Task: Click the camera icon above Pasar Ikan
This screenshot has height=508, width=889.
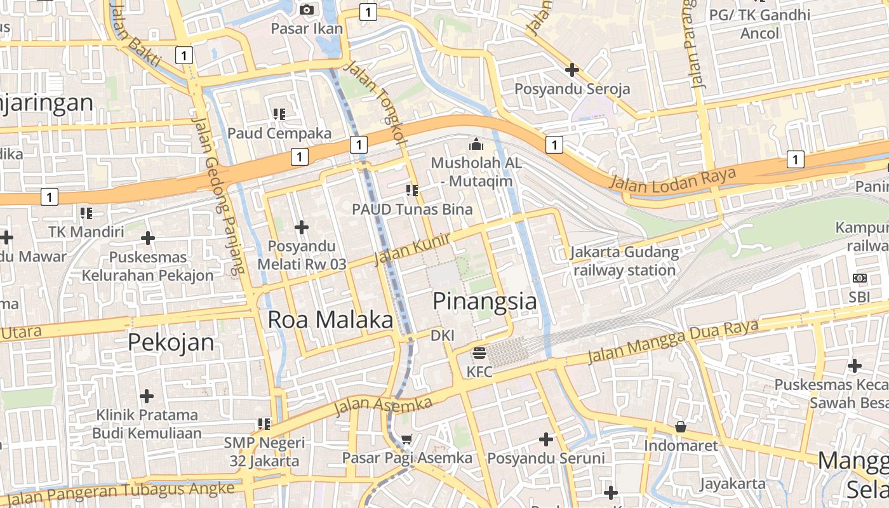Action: pyautogui.click(x=307, y=10)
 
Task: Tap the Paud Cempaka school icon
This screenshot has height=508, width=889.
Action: pyautogui.click(x=279, y=114)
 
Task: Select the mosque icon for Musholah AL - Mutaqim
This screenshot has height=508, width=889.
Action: pyautogui.click(x=476, y=145)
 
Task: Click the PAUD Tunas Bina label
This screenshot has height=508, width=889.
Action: pyautogui.click(x=413, y=209)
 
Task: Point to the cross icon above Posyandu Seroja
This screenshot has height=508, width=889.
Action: pyautogui.click(x=572, y=70)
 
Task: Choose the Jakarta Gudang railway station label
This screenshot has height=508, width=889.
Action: pyautogui.click(x=625, y=261)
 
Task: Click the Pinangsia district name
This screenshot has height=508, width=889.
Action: pyautogui.click(x=485, y=302)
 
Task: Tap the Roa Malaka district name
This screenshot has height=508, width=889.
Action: pyautogui.click(x=330, y=319)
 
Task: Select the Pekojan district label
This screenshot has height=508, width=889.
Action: pyautogui.click(x=171, y=342)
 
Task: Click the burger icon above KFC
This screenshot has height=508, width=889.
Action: pyautogui.click(x=479, y=353)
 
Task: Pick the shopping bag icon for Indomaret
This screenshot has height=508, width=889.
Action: pyautogui.click(x=681, y=427)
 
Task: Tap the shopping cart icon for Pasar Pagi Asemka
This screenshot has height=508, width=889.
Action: pyautogui.click(x=407, y=439)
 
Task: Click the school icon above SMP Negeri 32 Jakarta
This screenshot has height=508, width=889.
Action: pyautogui.click(x=264, y=424)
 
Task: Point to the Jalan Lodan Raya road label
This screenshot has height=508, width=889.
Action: pyautogui.click(x=673, y=178)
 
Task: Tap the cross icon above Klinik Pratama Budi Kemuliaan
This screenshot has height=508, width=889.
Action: pyautogui.click(x=147, y=396)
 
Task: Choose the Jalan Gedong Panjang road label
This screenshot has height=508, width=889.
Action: pyautogui.click(x=218, y=197)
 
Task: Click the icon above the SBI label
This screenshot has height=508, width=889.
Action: pyautogui.click(x=860, y=278)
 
